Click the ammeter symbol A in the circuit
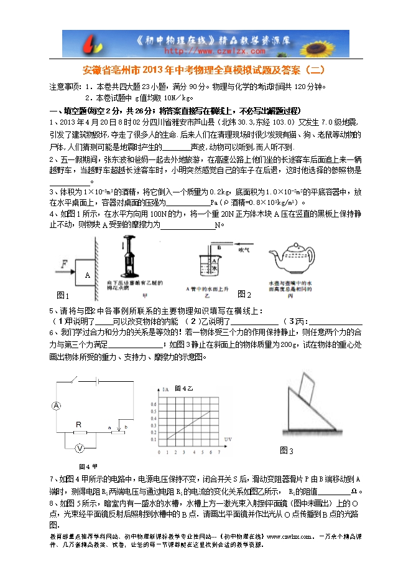(x=55, y=406)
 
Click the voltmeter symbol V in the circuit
(x=79, y=448)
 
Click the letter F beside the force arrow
(x=63, y=264)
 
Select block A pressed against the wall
(x=87, y=275)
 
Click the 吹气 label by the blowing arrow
(x=244, y=249)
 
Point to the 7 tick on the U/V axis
(x=219, y=452)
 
